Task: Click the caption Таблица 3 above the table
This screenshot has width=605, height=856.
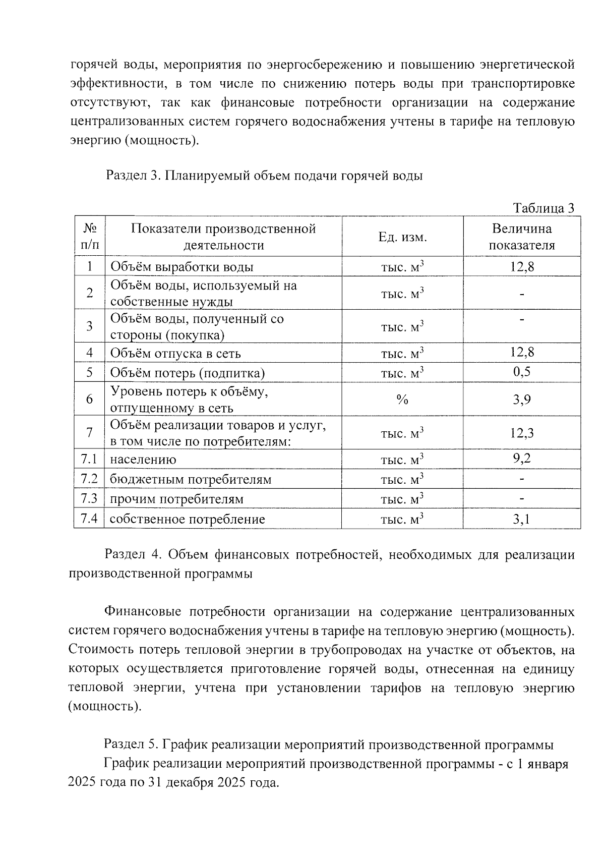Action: coord(543,208)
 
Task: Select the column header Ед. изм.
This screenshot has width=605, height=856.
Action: coord(402,237)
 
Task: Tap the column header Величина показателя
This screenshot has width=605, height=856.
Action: coord(522,237)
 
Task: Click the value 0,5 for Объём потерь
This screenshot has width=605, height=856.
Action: coord(522,372)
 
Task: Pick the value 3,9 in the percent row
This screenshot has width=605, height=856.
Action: coord(522,400)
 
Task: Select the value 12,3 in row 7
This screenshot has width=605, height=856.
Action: coord(522,433)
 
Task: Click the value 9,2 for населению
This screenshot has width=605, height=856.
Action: coord(522,459)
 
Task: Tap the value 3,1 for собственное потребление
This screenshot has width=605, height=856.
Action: coord(522,519)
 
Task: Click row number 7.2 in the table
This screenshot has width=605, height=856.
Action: coord(89,479)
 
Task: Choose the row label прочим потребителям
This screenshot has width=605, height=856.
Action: coord(176,499)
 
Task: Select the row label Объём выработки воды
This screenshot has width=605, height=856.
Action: coord(181,267)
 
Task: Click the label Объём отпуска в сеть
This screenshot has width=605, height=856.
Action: coord(175,353)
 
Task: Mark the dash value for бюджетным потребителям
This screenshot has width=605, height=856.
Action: coord(522,479)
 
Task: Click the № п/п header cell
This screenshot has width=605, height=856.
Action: coord(89,237)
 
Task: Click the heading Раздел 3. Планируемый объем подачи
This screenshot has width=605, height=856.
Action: coord(264,176)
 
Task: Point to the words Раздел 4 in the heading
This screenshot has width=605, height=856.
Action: coord(132,555)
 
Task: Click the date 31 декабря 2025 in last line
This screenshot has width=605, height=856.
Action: coord(193,783)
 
